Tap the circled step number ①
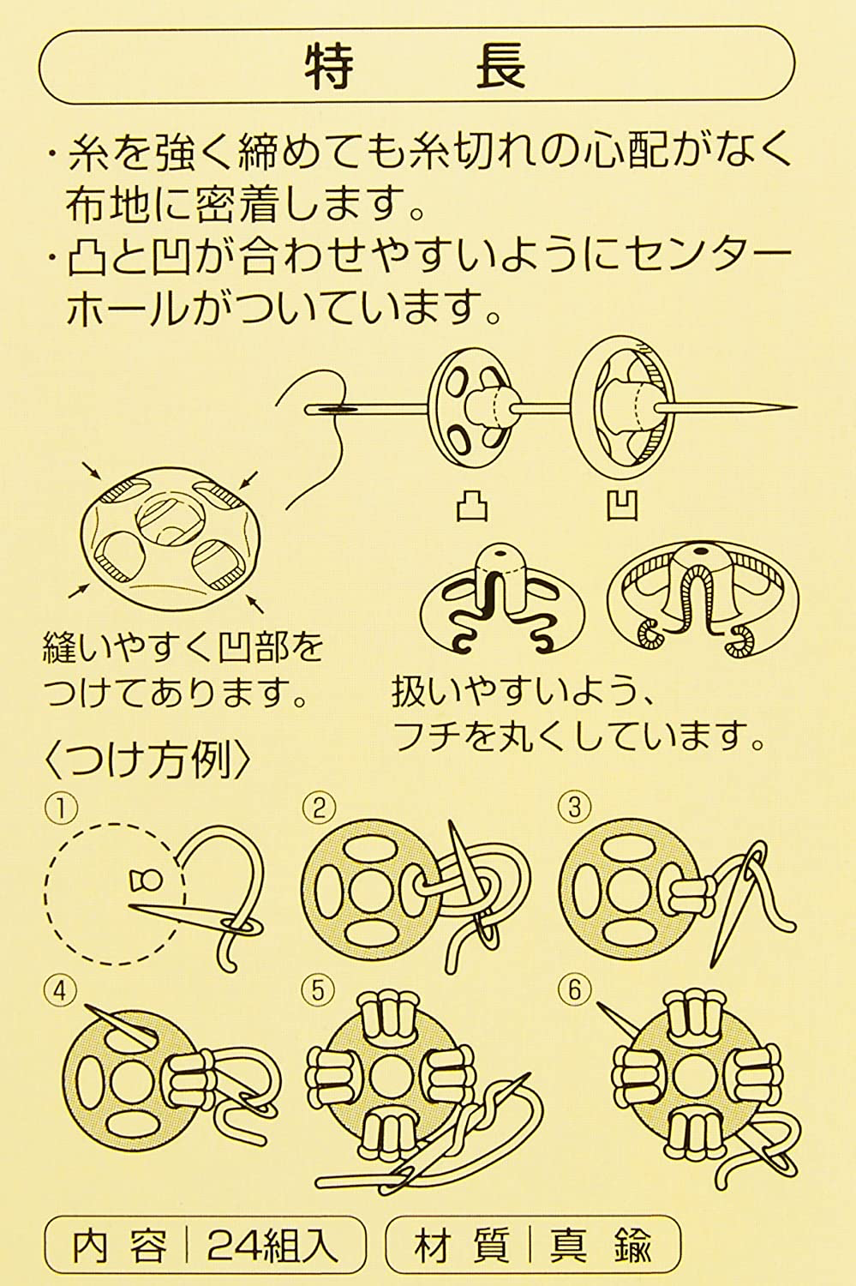(63, 807)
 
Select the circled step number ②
(318, 807)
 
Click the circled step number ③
(573, 807)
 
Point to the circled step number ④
(63, 990)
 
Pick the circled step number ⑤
(318, 990)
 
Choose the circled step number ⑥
(573, 990)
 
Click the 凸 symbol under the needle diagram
(470, 506)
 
